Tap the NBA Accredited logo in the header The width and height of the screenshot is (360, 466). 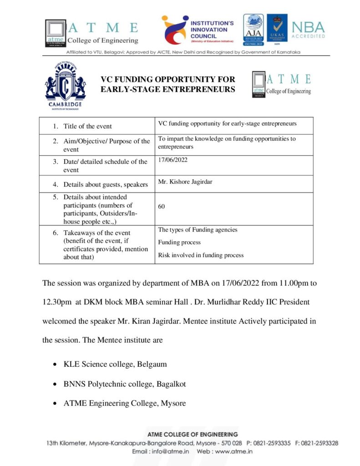pos(308,30)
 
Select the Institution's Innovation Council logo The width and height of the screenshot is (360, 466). pos(198,30)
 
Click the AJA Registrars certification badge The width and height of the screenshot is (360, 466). pos(253,30)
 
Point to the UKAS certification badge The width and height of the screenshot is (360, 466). pos(277,30)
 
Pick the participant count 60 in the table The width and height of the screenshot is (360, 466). pos(162,207)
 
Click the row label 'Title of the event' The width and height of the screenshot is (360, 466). pos(87,126)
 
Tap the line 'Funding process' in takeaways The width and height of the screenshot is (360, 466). pos(179,243)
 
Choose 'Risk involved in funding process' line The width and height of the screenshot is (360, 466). pos(201,255)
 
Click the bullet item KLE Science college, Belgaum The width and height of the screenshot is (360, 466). pos(115,365)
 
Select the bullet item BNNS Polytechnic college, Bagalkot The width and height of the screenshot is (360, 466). pos(125,384)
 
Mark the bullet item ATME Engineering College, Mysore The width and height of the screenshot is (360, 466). pos(125,403)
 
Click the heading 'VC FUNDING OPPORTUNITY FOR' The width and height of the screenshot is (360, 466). pos(167,80)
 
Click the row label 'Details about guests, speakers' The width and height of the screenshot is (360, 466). pos(106,184)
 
